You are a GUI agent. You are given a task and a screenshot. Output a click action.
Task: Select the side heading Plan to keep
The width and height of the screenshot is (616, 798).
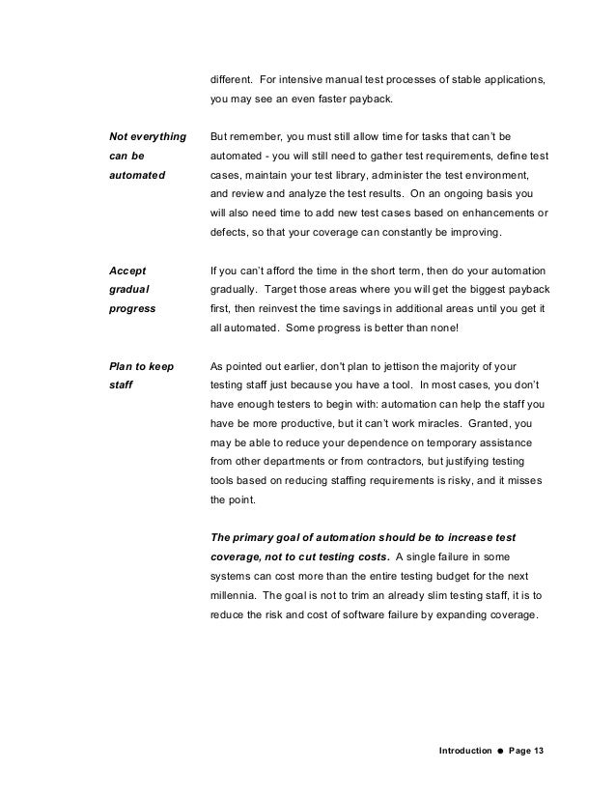[143, 366]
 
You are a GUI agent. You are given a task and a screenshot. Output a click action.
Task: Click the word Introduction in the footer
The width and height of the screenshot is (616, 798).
[464, 750]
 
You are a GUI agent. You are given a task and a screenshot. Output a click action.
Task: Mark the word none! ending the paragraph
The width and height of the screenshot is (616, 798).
[459, 328]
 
